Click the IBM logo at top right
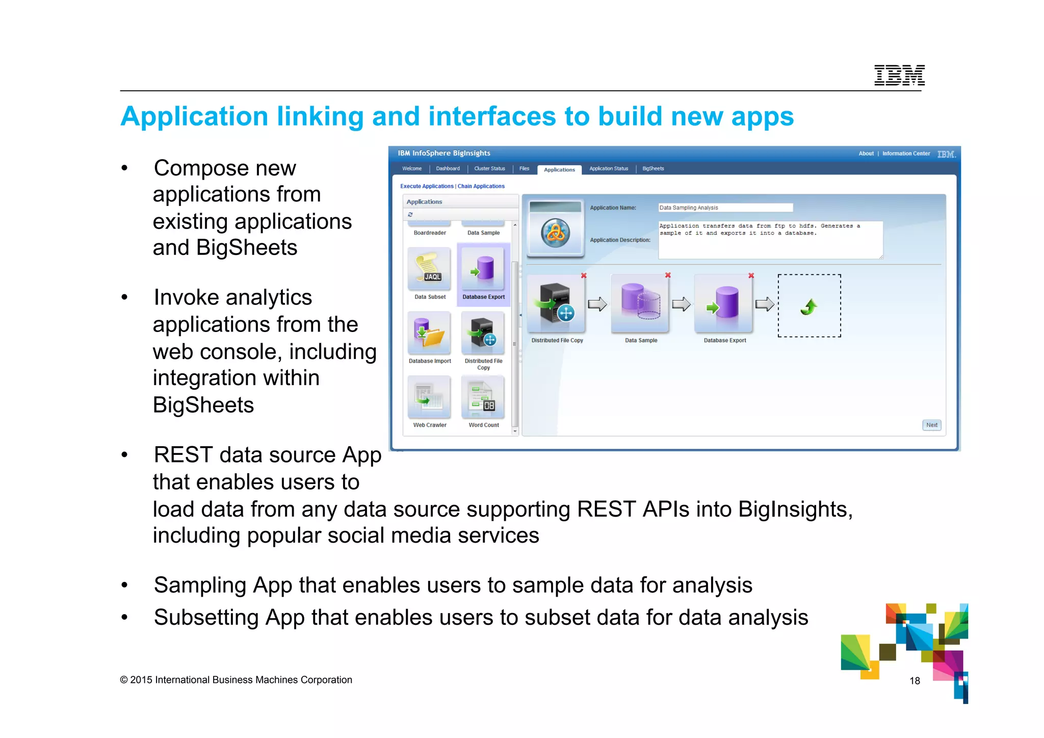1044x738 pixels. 899,75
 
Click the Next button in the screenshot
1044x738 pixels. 931,425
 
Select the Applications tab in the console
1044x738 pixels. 559,169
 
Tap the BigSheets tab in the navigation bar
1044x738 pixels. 652,168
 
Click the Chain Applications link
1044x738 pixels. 481,186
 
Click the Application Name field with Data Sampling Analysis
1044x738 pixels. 725,208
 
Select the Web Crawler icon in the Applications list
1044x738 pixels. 429,397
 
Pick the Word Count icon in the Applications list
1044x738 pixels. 483,397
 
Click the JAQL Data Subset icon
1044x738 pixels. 429,269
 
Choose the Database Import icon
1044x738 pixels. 429,333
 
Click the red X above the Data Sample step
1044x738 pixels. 668,275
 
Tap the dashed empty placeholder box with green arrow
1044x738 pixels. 809,306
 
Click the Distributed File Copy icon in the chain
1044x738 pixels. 556,304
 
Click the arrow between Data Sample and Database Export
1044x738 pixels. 681,304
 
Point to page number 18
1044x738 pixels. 915,681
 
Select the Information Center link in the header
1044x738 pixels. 906,154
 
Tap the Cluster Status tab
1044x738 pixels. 489,168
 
